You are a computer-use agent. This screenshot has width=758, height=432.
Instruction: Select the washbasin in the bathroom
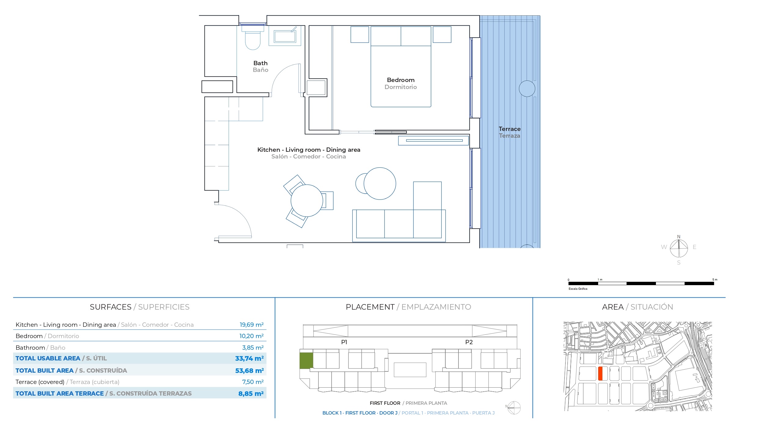pyautogui.click(x=285, y=36)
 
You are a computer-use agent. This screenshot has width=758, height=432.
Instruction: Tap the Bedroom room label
pyautogui.click(x=401, y=80)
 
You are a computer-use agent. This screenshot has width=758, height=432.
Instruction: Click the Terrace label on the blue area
pyautogui.click(x=510, y=129)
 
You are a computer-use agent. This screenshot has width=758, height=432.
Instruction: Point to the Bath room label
pyautogui.click(x=260, y=63)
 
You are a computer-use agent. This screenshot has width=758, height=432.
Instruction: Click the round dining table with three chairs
pyautogui.click(x=307, y=201)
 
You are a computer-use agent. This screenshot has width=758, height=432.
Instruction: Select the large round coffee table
pyautogui.click(x=380, y=184)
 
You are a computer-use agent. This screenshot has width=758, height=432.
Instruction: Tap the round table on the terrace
pyautogui.click(x=527, y=89)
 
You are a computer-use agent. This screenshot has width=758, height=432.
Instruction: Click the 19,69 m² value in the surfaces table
pyautogui.click(x=252, y=325)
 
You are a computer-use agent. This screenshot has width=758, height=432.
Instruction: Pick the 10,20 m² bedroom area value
pyautogui.click(x=252, y=336)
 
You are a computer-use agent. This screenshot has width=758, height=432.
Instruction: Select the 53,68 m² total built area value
pyautogui.click(x=249, y=371)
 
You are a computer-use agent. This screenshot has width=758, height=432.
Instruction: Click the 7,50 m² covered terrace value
pyautogui.click(x=253, y=382)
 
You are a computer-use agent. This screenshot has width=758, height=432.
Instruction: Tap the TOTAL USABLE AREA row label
pyautogui.click(x=48, y=358)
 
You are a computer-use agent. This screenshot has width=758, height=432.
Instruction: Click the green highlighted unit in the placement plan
pyautogui.click(x=306, y=361)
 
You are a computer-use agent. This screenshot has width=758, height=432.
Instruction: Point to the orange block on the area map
pyautogui.click(x=600, y=374)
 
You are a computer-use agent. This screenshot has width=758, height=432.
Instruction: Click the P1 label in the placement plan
pyautogui.click(x=344, y=342)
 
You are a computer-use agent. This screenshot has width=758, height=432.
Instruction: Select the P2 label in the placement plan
pyautogui.click(x=469, y=342)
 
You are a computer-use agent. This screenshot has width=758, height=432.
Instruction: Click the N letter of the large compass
pyautogui.click(x=679, y=237)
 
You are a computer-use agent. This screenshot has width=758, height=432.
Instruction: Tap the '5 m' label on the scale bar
pyautogui.click(x=715, y=280)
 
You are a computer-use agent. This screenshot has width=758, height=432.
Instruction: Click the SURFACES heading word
pyautogui.click(x=111, y=307)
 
